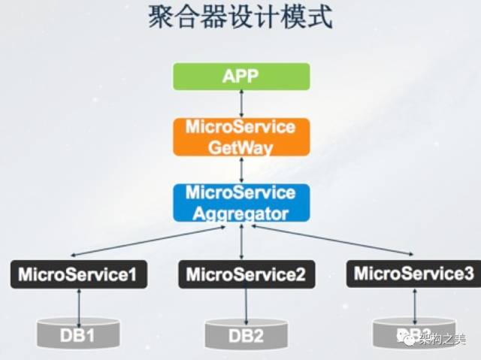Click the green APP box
241,76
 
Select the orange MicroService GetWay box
241,136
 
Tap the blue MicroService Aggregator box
241,203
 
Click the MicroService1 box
78,274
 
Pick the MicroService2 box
246,274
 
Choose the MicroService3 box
414,274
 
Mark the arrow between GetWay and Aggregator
241,170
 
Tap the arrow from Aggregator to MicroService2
242,241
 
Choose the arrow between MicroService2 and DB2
246,304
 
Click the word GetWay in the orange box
241,146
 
